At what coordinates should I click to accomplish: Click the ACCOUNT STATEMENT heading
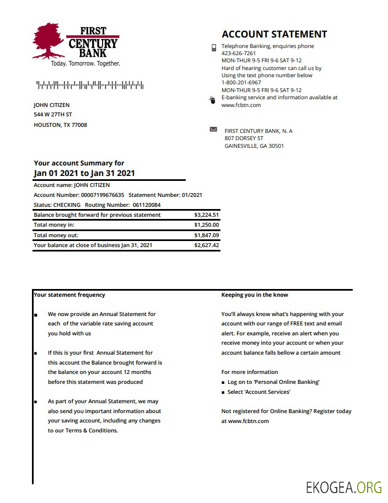tap(274, 34)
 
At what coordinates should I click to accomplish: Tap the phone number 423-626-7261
tap(239, 53)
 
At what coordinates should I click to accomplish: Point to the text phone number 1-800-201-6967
tap(241, 83)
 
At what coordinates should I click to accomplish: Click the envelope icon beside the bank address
tap(213, 130)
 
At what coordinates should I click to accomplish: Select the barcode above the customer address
tap(90, 85)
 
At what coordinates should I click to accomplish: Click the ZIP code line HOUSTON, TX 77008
tap(60, 125)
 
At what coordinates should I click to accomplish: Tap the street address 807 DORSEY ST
tap(244, 138)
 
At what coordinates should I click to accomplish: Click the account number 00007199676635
tap(103, 195)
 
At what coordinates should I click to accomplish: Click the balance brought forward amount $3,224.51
tap(207, 215)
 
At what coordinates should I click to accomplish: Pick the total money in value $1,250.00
tap(207, 225)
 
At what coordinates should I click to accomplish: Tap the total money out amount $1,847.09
tap(207, 236)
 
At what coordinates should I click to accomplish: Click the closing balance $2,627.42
tap(207, 245)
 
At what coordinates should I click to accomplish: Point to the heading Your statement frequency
tap(69, 295)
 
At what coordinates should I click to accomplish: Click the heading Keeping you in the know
tap(255, 295)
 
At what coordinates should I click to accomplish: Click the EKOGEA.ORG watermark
tap(344, 487)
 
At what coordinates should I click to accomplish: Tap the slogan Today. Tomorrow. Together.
tap(85, 63)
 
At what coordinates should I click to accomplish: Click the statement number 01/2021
tap(191, 195)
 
